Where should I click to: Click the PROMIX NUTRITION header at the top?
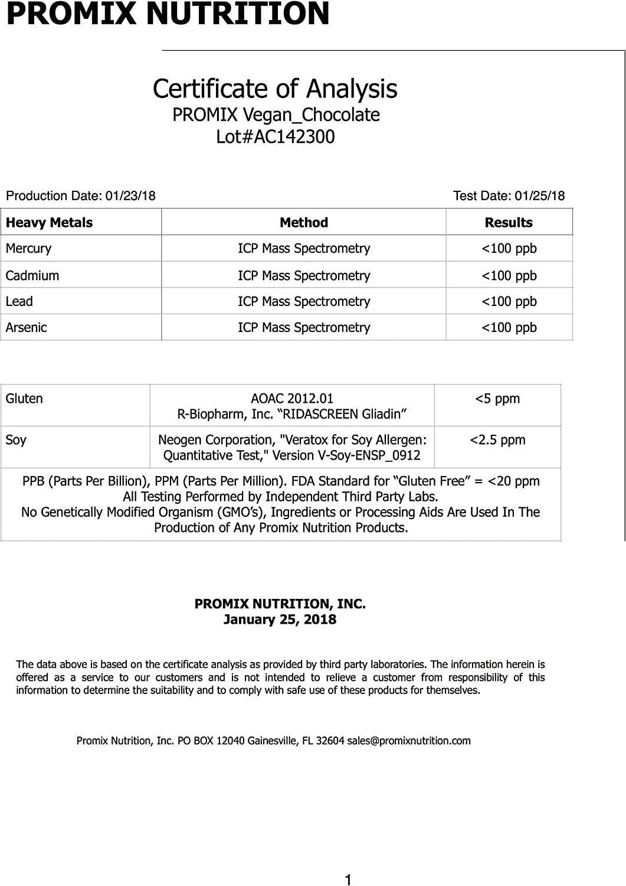click(168, 14)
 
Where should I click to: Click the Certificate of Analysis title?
click(275, 89)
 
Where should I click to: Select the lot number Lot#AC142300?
click(275, 137)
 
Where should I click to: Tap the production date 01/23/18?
click(130, 196)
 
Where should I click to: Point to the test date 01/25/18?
click(539, 196)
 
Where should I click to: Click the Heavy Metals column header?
click(49, 223)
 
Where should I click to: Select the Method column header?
click(303, 223)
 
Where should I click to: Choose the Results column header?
click(508, 223)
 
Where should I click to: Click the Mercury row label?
click(28, 249)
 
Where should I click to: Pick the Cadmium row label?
click(32, 275)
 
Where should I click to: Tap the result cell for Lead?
click(509, 301)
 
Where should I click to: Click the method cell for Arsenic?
click(303, 327)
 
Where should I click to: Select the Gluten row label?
click(24, 399)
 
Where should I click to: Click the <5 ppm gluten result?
click(497, 399)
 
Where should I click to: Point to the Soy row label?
click(16, 440)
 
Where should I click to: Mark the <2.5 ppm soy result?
click(497, 440)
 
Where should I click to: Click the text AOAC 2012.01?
click(292, 399)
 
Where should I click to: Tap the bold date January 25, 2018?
click(280, 620)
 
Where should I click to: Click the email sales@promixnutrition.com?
click(408, 741)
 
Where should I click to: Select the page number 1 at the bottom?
click(348, 880)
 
